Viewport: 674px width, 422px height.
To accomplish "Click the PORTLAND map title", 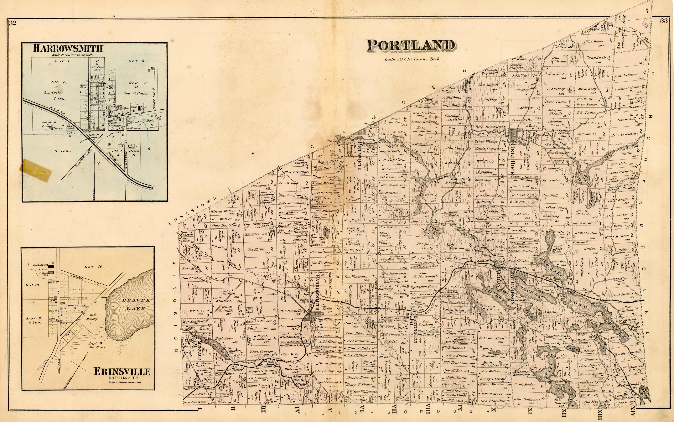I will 410,46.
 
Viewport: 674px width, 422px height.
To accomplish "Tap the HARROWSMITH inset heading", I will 68,48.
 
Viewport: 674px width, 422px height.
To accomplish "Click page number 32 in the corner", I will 13,23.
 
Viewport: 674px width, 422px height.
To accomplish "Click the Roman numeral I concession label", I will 200,409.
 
